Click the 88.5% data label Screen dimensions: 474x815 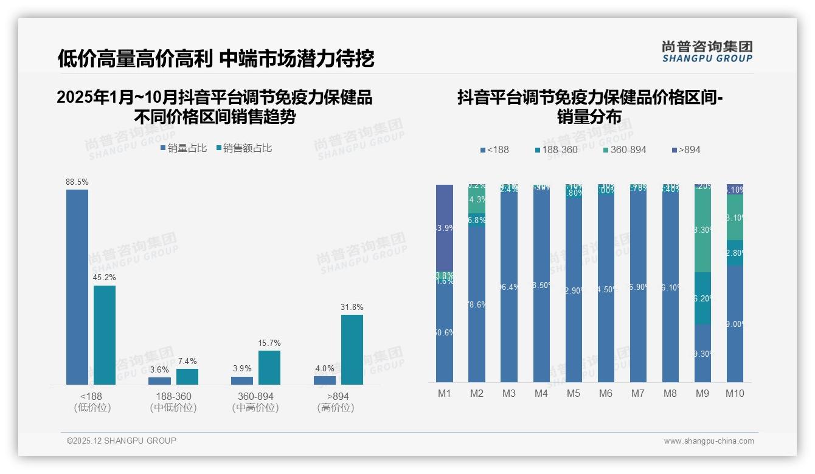[77, 182]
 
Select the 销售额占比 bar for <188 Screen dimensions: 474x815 [105, 335]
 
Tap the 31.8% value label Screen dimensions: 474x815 [352, 307]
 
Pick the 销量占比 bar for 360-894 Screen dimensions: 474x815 [242, 380]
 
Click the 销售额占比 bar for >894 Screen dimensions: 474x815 [352, 349]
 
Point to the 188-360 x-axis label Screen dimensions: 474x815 [173, 396]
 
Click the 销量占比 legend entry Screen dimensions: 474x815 [184, 148]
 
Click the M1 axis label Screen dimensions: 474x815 [445, 393]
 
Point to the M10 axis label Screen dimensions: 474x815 [735, 393]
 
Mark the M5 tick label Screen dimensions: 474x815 [574, 393]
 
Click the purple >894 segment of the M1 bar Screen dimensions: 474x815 [445, 227]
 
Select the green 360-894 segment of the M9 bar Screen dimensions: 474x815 [702, 231]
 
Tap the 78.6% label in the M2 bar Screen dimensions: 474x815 [477, 305]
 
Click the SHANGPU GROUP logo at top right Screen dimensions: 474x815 [707, 52]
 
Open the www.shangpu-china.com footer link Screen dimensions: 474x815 [709, 441]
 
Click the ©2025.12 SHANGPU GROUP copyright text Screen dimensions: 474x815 [122, 441]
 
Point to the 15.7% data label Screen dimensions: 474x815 [269, 343]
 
